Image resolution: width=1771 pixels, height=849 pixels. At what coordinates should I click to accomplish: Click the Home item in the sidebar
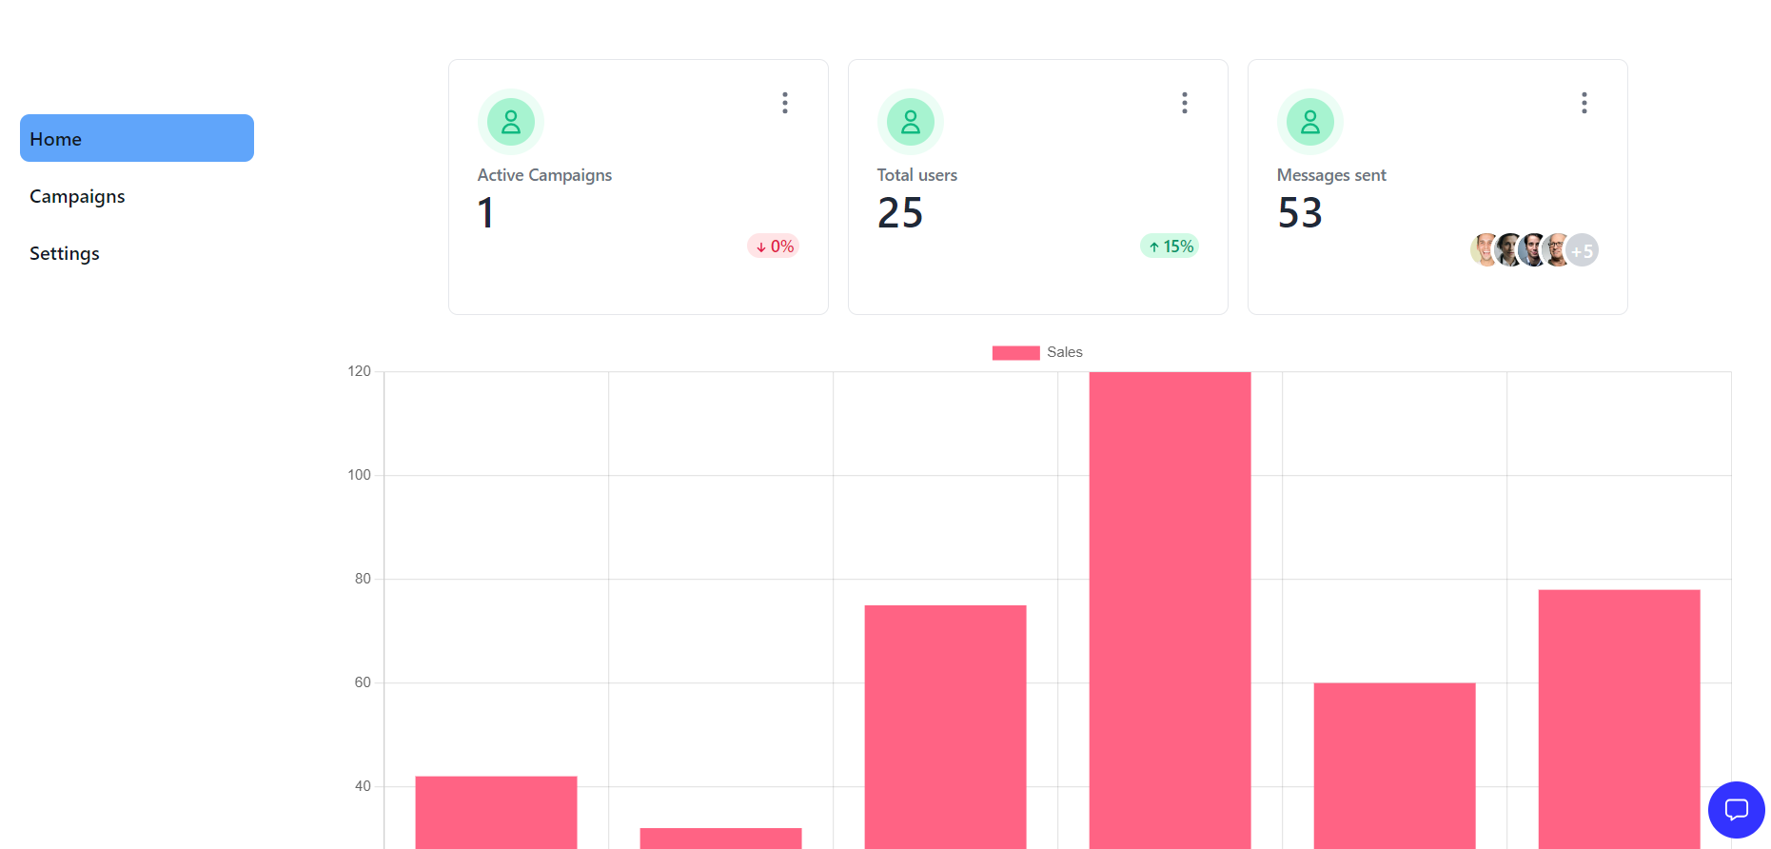point(136,139)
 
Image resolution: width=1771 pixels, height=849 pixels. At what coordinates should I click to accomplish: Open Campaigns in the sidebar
point(77,196)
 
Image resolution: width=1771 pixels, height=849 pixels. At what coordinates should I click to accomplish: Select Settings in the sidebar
point(65,253)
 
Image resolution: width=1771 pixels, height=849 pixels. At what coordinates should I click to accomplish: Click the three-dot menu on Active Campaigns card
point(785,103)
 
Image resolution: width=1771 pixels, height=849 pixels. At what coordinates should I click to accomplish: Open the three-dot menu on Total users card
point(1185,103)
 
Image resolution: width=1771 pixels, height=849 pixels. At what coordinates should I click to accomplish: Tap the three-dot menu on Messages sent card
point(1584,103)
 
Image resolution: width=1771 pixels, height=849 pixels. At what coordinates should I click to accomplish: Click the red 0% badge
point(774,247)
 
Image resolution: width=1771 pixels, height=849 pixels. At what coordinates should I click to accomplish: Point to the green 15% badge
point(1170,247)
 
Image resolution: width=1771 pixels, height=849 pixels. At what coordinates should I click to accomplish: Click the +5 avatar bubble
point(1582,250)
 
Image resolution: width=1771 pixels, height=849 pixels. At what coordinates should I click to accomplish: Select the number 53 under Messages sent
point(1300,213)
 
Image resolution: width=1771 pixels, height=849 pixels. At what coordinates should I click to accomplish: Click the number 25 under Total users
point(900,213)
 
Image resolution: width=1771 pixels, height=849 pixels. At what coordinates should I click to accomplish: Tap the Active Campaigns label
point(544,175)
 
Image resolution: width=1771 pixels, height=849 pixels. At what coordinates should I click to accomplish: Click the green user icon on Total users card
point(911,122)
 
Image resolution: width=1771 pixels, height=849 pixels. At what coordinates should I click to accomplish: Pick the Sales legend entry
point(1037,352)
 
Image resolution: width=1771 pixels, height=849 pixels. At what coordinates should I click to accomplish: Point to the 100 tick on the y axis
point(359,475)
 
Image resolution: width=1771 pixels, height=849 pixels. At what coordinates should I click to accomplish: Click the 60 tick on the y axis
point(362,682)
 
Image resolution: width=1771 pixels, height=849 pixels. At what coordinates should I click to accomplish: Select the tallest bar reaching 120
point(1170,609)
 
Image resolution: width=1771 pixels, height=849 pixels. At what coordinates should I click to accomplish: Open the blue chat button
point(1737,810)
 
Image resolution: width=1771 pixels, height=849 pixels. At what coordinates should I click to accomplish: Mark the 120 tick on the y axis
point(359,371)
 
